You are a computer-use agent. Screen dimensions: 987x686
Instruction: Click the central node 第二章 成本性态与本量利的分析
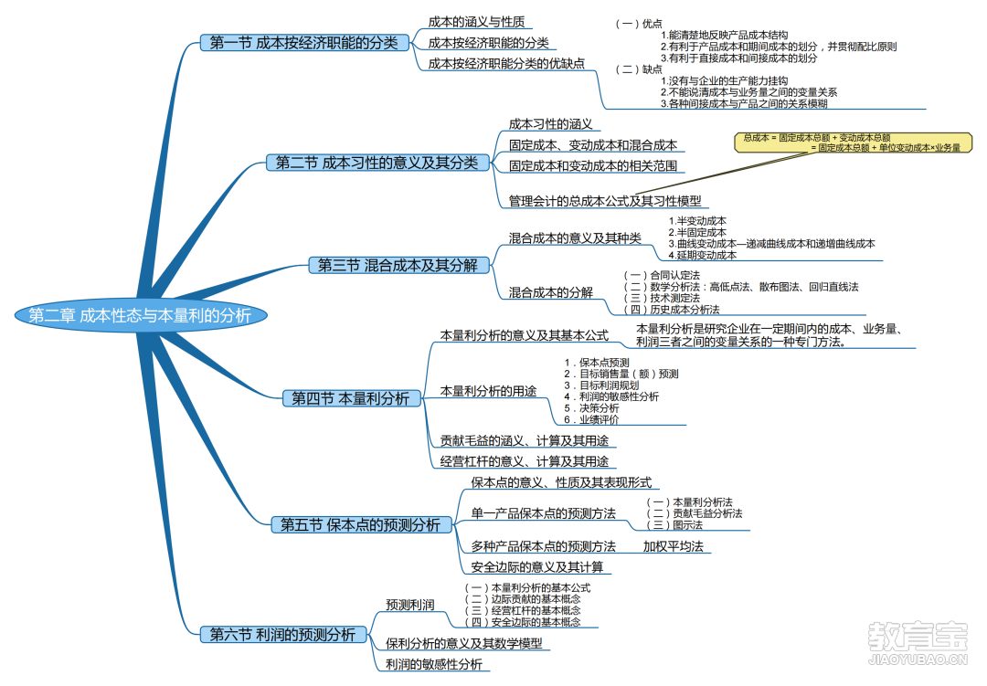click(141, 315)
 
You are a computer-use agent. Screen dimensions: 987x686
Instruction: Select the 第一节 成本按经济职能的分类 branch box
click(304, 43)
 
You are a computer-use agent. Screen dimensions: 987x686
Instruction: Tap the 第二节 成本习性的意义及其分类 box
click(377, 163)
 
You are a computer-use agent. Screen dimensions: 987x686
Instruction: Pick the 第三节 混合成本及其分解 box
click(398, 266)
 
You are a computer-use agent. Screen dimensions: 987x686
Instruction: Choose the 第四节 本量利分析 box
click(351, 398)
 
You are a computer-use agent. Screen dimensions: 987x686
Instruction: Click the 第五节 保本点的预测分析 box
click(361, 525)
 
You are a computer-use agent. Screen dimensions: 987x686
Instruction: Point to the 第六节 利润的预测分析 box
click(282, 635)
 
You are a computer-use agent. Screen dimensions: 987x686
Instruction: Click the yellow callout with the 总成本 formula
click(853, 142)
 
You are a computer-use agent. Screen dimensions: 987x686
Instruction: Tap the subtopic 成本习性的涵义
click(551, 124)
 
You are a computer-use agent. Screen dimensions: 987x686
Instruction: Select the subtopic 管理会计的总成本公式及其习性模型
click(605, 201)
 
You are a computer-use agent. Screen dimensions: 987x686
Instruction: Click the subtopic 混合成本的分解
click(551, 292)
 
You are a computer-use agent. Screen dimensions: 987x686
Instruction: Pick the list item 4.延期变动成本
click(703, 255)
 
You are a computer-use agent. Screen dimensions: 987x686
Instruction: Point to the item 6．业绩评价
click(591, 420)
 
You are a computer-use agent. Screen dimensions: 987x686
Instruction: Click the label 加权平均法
click(673, 546)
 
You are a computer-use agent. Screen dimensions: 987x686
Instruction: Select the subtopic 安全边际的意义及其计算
click(537, 567)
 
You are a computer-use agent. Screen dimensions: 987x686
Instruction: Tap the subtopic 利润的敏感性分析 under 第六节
click(434, 664)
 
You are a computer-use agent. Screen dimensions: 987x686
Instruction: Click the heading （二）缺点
click(639, 69)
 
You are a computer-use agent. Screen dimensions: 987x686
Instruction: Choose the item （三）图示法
click(674, 525)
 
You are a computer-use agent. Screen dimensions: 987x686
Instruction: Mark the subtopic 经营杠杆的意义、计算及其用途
click(525, 461)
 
